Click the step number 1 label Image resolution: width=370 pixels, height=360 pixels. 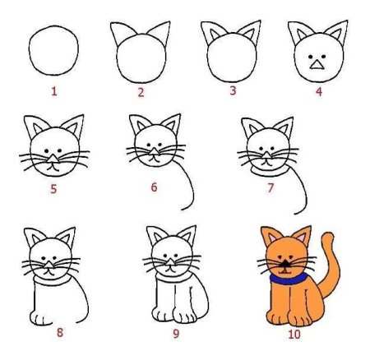(54, 91)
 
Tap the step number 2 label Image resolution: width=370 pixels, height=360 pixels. (141, 92)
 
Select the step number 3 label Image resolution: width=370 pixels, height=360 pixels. (233, 90)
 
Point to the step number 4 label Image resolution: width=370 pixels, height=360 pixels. (318, 90)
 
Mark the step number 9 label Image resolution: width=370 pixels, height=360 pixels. (175, 334)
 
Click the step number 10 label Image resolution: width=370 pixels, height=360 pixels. (294, 334)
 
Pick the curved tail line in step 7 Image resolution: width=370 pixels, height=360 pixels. (304, 196)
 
